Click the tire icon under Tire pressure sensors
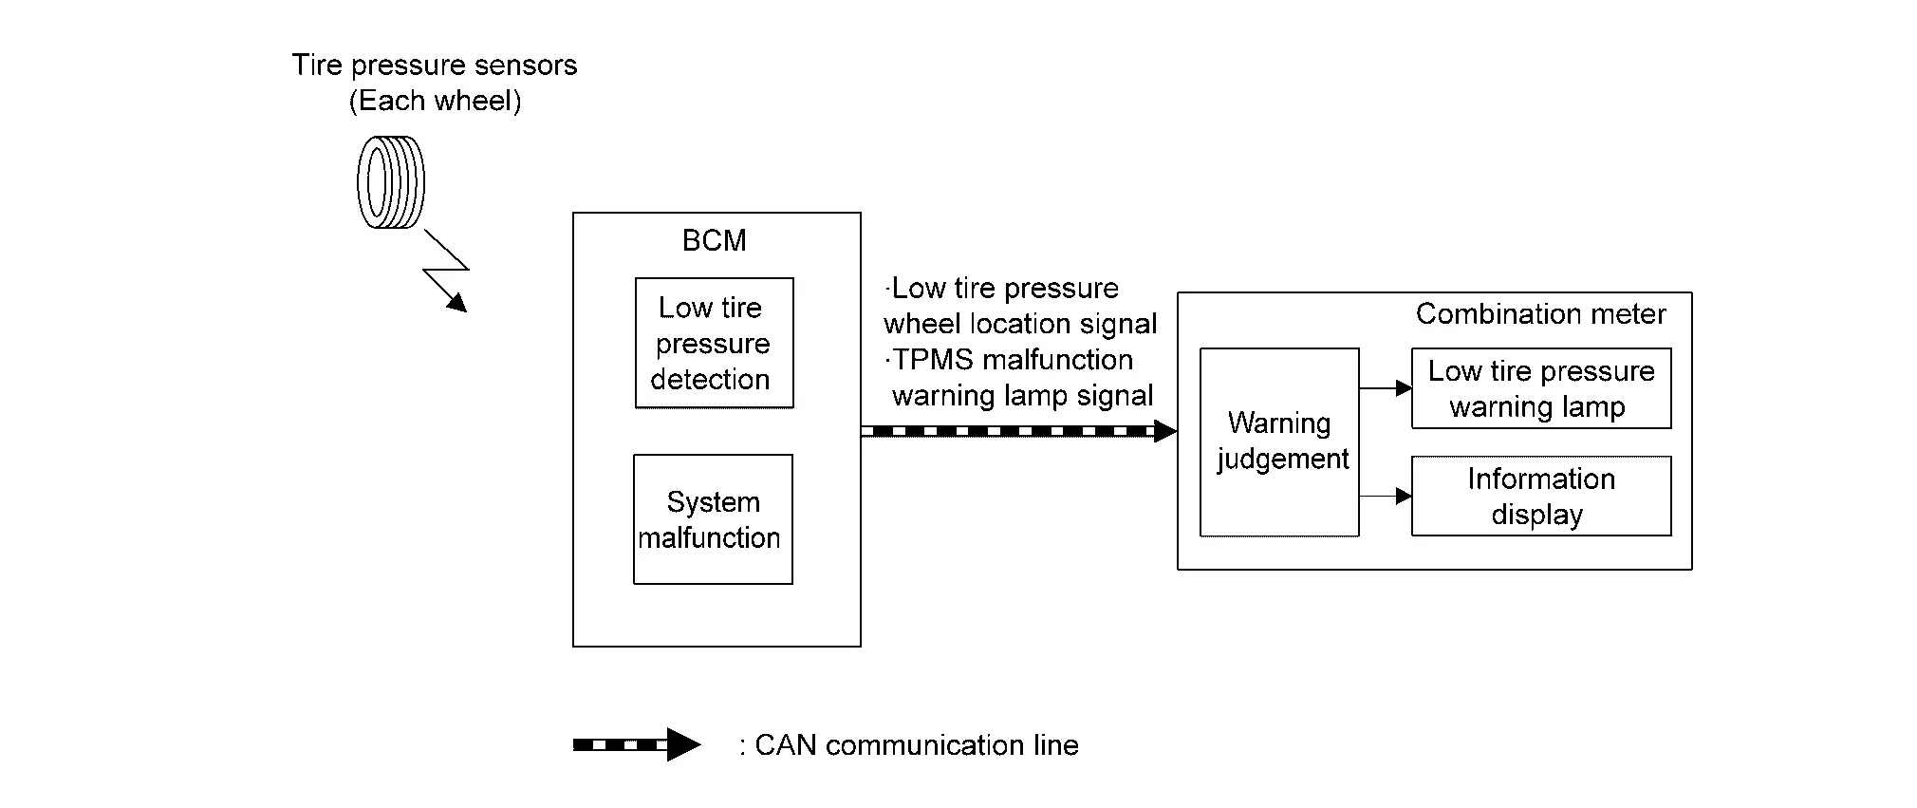coord(390,182)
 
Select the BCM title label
coord(714,240)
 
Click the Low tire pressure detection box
coord(714,343)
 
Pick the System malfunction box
coord(713,519)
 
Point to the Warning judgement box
coord(1279,442)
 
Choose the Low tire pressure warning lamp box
coord(1540,388)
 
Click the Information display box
coord(1540,497)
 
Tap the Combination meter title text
coord(1540,314)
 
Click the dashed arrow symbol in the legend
coord(636,744)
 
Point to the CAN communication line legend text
coord(916,745)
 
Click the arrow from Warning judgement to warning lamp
coord(1385,388)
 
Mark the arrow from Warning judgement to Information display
coord(1385,496)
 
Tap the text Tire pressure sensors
coord(435,65)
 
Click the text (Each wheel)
coord(435,101)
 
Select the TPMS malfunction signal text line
coord(1010,360)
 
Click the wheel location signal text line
coord(1020,324)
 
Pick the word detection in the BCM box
coord(710,379)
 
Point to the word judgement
coord(1282,460)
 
